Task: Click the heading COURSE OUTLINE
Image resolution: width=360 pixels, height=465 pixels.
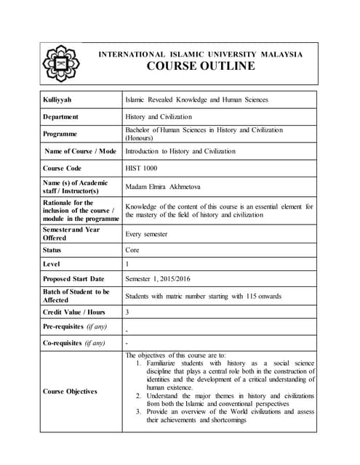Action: [201, 66]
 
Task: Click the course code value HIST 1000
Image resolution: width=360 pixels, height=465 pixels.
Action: [141, 168]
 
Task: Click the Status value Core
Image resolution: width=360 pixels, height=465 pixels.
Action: [133, 249]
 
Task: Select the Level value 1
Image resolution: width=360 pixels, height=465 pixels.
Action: [128, 264]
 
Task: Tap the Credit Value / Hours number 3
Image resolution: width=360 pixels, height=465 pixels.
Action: [128, 311]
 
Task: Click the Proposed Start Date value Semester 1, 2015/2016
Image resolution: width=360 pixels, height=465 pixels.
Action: [167, 279]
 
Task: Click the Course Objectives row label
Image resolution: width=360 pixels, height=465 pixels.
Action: [70, 391]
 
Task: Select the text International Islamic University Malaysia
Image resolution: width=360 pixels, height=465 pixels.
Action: [200, 54]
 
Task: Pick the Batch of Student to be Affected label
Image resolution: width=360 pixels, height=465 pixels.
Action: [76, 295]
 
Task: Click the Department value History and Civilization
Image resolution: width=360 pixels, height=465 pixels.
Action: [159, 116]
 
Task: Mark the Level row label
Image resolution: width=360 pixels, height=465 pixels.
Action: [51, 264]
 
